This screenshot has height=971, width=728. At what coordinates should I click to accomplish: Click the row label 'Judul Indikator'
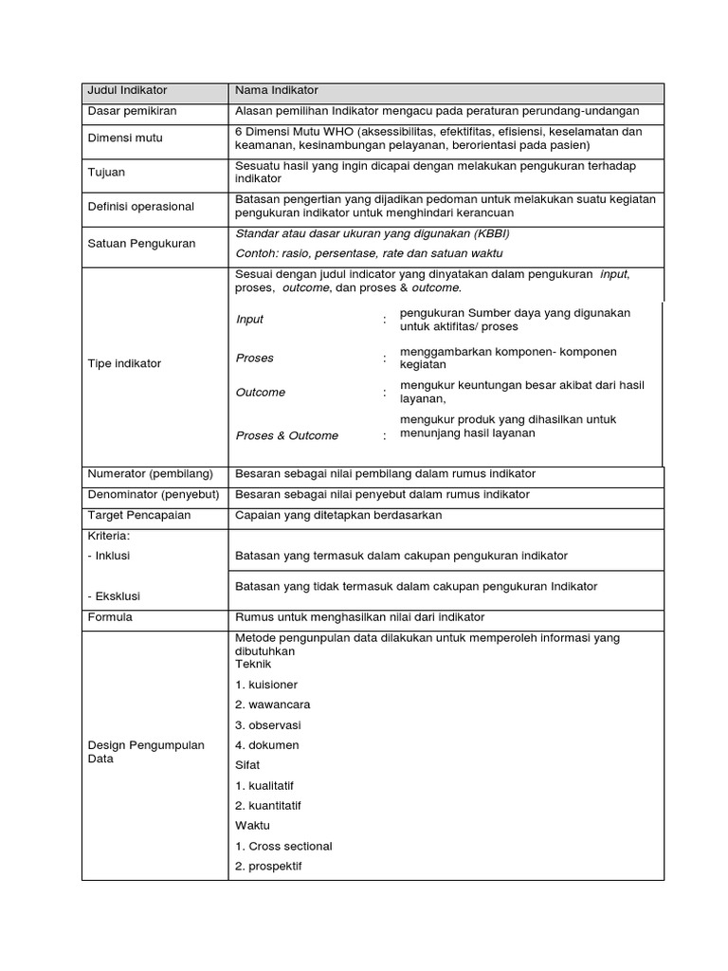coord(127,91)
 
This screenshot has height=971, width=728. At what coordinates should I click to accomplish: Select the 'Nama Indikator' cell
coord(277,91)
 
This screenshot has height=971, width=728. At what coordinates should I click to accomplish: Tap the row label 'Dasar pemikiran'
coord(132,111)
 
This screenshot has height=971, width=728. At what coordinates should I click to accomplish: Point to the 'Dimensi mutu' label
coord(125,138)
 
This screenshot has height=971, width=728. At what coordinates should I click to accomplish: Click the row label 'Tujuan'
coord(106,173)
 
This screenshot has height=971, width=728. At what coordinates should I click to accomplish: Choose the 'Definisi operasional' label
coord(140,207)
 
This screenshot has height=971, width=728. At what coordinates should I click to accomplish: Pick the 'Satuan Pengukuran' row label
coord(141,244)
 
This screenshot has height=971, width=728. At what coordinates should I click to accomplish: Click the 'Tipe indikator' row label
coord(124,364)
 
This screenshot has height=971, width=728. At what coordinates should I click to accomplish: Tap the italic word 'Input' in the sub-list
coord(250,320)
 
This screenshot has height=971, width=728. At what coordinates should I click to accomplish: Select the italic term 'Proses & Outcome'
coord(286,436)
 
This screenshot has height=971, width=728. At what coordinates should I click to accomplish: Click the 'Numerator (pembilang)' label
coord(150,474)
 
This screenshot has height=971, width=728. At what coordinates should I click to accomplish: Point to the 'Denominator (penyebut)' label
coord(154,495)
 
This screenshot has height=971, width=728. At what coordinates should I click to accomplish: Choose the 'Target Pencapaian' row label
coord(139,516)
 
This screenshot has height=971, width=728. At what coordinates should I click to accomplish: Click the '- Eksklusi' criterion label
coord(115,597)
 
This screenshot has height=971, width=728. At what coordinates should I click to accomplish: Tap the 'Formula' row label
coord(110,618)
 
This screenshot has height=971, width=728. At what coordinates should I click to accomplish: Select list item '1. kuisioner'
coord(266,685)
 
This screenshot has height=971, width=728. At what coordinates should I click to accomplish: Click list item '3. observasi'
coord(268,725)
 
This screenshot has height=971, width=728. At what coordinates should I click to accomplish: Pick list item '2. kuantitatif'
coord(268,806)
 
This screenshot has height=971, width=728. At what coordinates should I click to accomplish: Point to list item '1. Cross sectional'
coord(283,846)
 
